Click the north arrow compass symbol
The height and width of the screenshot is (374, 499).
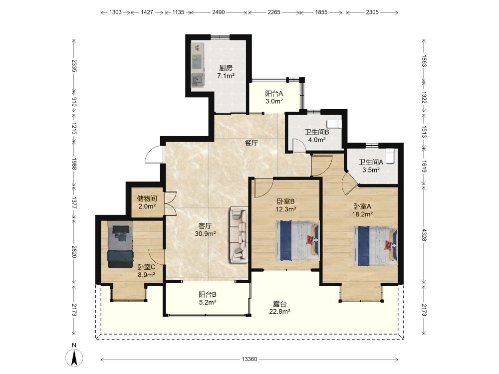(x=74, y=358)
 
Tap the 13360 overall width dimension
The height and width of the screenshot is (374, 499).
(x=249, y=360)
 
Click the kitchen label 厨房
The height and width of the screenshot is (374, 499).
(x=226, y=68)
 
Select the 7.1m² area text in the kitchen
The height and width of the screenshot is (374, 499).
(x=226, y=76)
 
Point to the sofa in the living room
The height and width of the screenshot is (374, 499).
(x=239, y=235)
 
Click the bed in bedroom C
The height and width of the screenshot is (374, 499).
(x=120, y=244)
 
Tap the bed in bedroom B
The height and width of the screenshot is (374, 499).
(x=297, y=240)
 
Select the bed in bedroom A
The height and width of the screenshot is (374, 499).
(x=376, y=246)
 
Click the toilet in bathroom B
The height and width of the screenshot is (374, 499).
(x=334, y=124)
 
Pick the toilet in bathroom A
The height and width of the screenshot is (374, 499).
(x=390, y=156)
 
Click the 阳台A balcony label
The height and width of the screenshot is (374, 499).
(x=274, y=94)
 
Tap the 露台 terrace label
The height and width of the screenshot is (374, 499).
(x=279, y=304)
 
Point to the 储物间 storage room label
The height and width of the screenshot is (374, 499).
(x=147, y=198)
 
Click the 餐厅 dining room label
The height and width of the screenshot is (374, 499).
(x=251, y=143)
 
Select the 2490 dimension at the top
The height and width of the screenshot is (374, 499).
(x=219, y=12)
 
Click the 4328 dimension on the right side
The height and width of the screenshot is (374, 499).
(x=424, y=234)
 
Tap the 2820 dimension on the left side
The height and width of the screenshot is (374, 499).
(x=74, y=251)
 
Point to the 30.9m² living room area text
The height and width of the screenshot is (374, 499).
(x=205, y=234)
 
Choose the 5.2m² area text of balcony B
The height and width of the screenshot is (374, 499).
(x=208, y=303)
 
